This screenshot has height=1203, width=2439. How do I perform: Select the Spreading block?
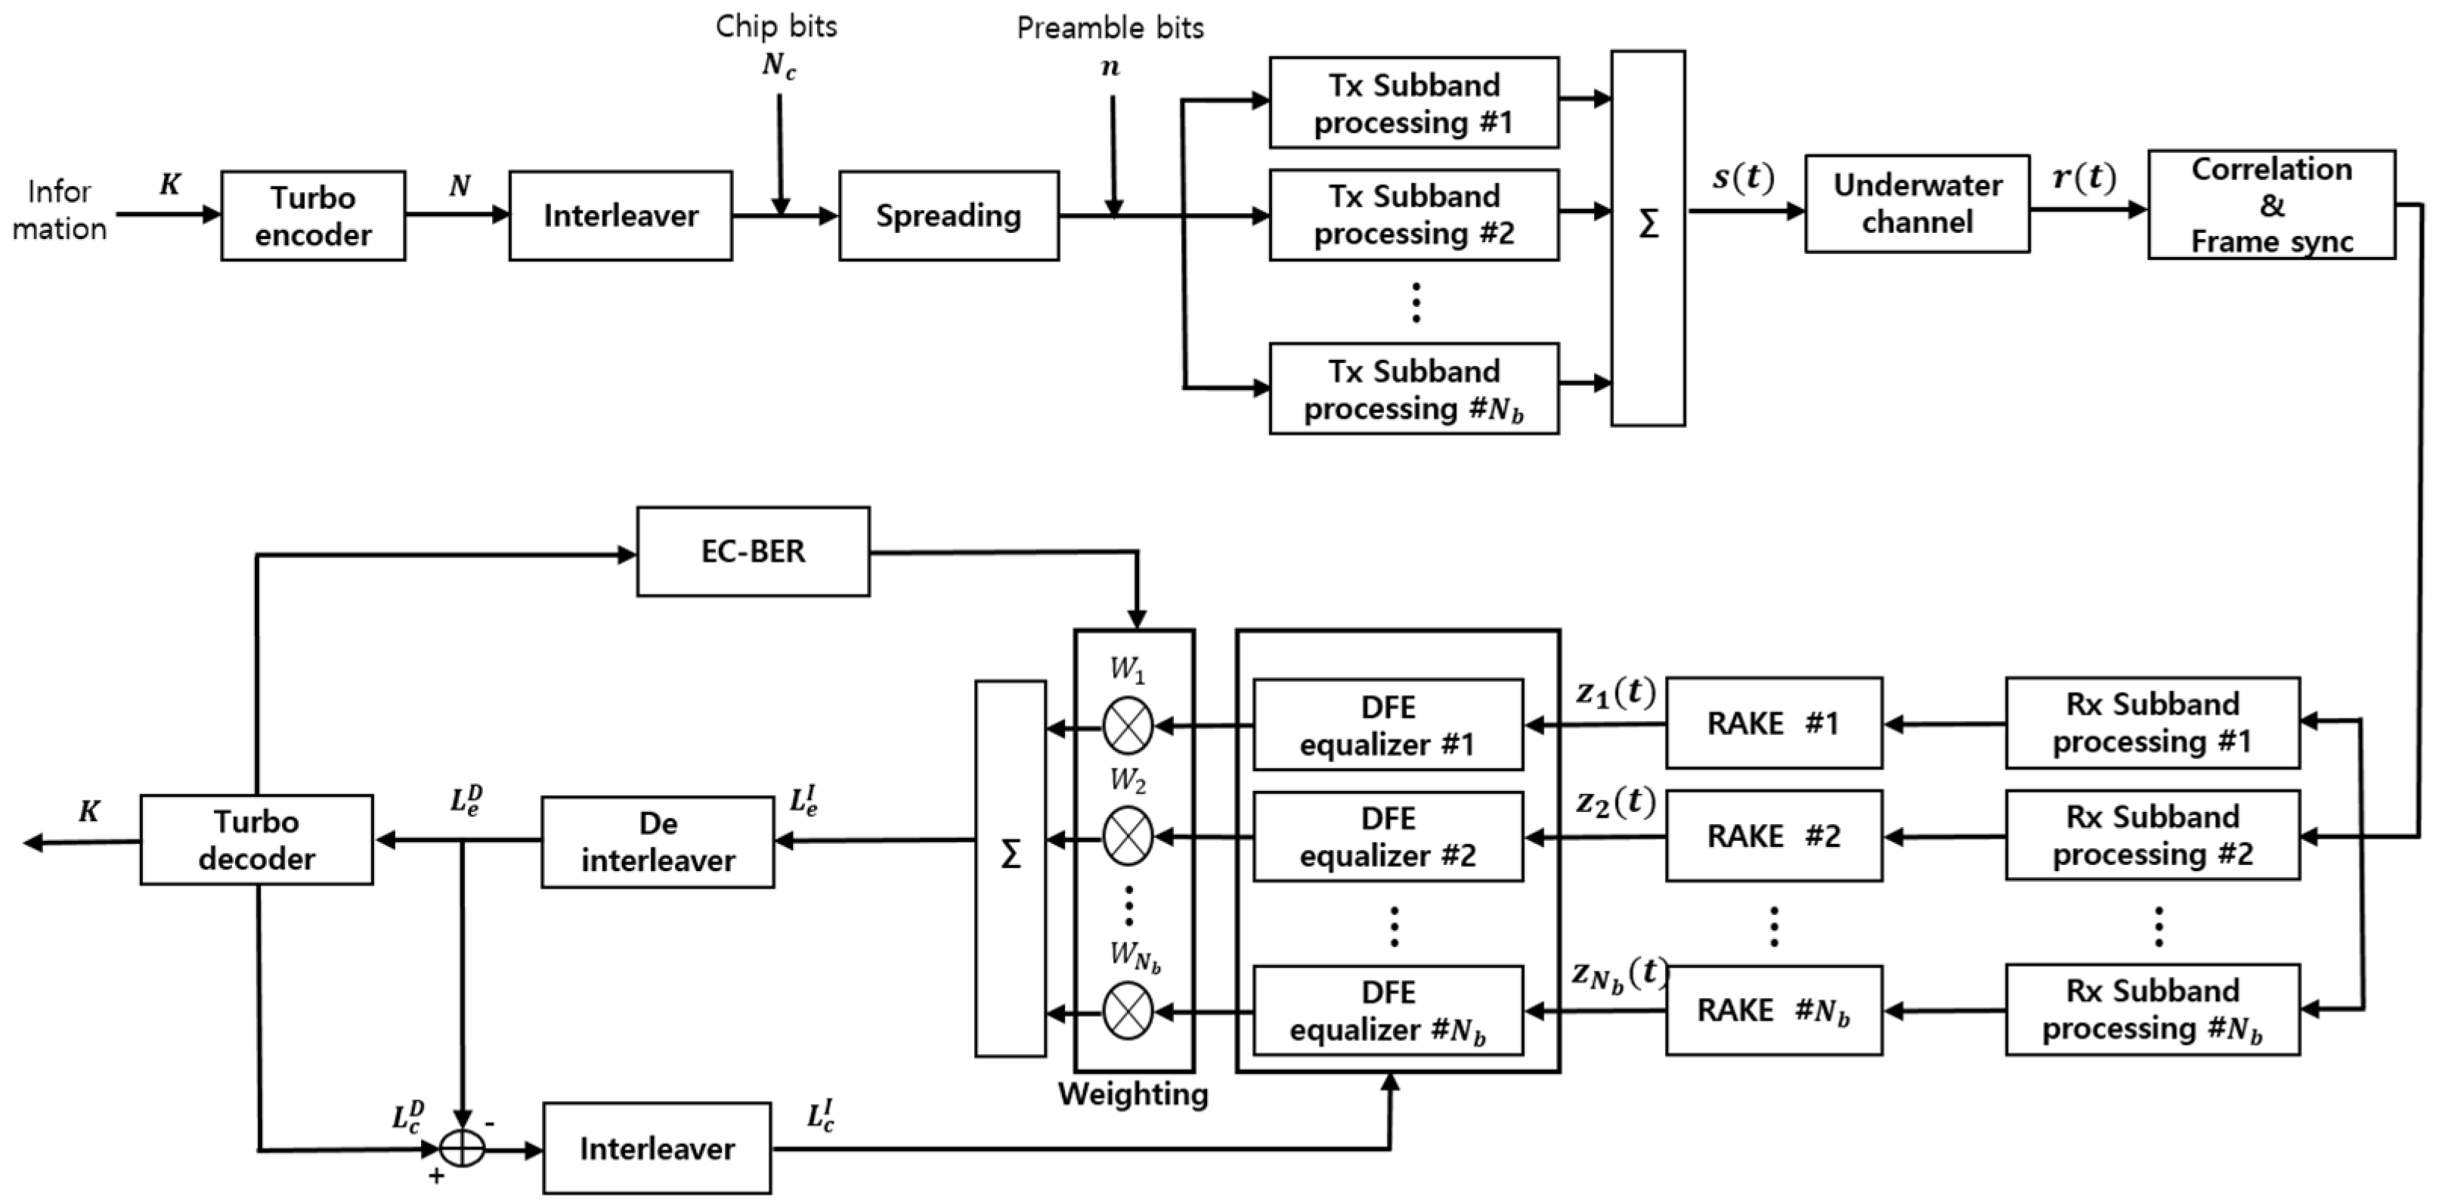pos(948,216)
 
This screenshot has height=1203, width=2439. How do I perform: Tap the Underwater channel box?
pos(1917,203)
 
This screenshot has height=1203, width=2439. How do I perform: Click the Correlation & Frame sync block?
pos(2270,205)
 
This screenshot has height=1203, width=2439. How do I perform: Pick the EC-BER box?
pos(753,551)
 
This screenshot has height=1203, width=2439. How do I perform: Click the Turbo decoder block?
pos(256,840)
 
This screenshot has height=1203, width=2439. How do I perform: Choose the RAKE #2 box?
pos(1773,836)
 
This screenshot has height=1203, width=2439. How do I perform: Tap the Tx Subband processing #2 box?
pos(1413,215)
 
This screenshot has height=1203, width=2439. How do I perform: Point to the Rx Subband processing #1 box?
pos(2152,723)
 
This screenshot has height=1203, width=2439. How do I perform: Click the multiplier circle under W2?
pos(1128,837)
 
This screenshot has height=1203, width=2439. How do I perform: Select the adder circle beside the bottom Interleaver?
pos(462,1150)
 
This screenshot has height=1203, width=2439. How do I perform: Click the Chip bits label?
pos(775,26)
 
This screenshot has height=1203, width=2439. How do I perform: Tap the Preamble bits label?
pos(1110,29)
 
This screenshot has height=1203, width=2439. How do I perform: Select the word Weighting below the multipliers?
pos(1132,1094)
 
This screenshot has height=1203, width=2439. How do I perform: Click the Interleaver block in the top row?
pos(621,216)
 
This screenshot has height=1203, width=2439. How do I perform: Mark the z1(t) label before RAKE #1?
pos(1614,693)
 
